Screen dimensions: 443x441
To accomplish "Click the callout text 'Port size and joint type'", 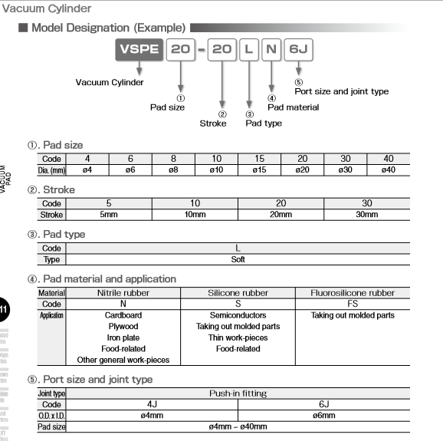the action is tap(341, 91).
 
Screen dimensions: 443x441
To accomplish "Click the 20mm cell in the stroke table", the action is tap(281, 214).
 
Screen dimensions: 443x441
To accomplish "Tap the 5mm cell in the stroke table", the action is tap(109, 214).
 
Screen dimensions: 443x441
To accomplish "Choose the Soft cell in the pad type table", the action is tap(238, 259).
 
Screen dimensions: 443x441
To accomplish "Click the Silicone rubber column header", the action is tap(238, 293).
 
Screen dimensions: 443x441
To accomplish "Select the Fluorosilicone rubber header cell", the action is tap(353, 293).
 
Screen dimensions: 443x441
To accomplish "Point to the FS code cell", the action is tap(353, 304).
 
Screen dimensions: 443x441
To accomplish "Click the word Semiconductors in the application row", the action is tap(238, 315).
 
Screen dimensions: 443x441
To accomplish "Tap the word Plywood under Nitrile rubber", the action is tap(123, 326).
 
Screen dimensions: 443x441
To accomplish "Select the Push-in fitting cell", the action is tap(238, 393).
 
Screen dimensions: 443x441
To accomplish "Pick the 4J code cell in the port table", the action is tap(152, 404).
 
